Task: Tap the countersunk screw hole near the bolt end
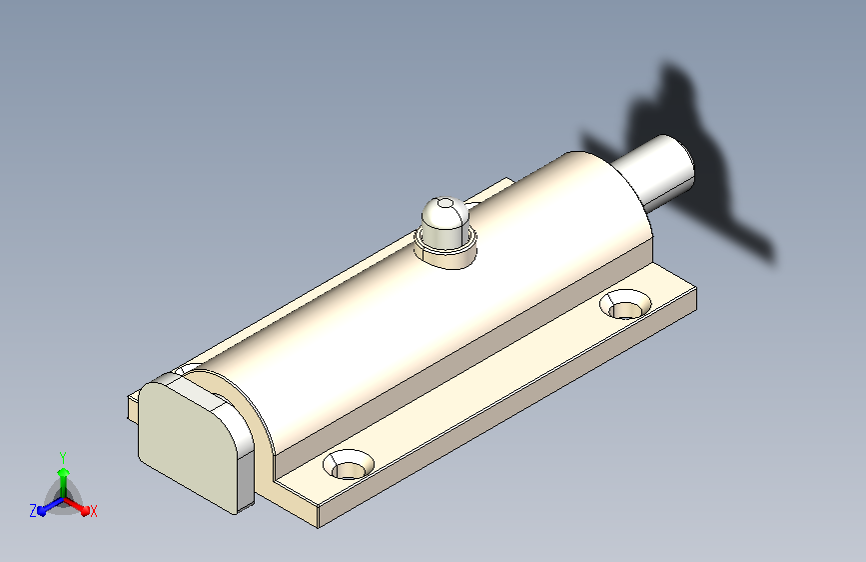(x=625, y=305)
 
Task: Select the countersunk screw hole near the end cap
(x=349, y=464)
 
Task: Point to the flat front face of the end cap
(x=188, y=443)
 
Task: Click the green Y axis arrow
(x=64, y=482)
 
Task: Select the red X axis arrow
(x=76, y=506)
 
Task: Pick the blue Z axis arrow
(x=51, y=506)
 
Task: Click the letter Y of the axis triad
(x=63, y=457)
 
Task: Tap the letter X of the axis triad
(x=94, y=511)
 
